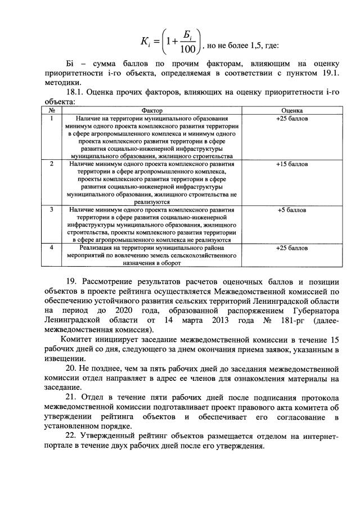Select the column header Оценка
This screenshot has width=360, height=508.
tap(292, 111)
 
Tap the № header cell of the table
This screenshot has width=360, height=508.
tap(51, 111)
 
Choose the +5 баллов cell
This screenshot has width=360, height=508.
tap(292, 210)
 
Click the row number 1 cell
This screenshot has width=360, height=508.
tap(51, 118)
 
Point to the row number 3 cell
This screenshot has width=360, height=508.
tap(51, 210)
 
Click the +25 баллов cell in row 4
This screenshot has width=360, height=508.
tap(292, 248)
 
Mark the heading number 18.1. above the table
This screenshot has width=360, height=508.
tap(76, 93)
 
